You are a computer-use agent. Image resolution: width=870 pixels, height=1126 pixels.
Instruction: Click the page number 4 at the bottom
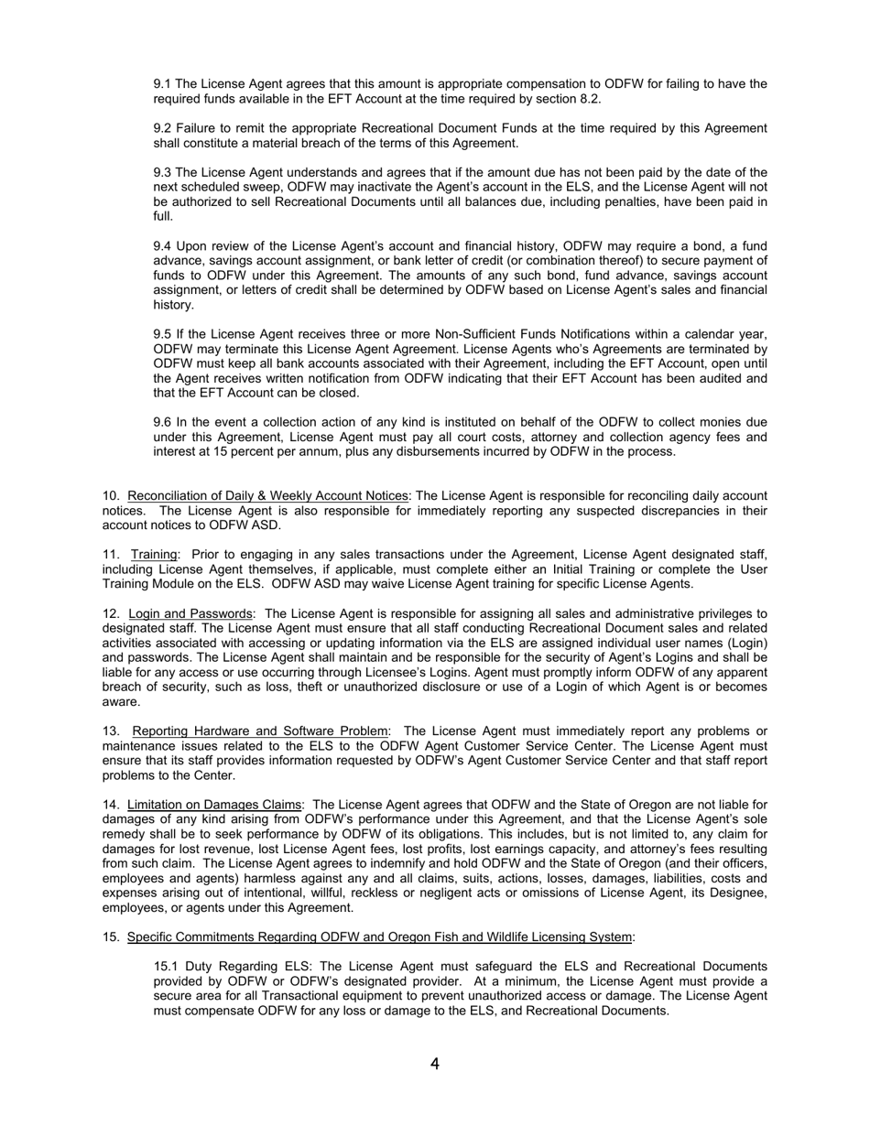tap(434, 1064)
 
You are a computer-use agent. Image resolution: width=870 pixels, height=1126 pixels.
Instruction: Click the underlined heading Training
tap(154, 555)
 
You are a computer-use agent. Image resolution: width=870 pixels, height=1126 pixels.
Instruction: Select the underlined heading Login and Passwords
tap(190, 613)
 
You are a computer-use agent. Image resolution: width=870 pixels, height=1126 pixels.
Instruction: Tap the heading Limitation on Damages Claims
tap(214, 805)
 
